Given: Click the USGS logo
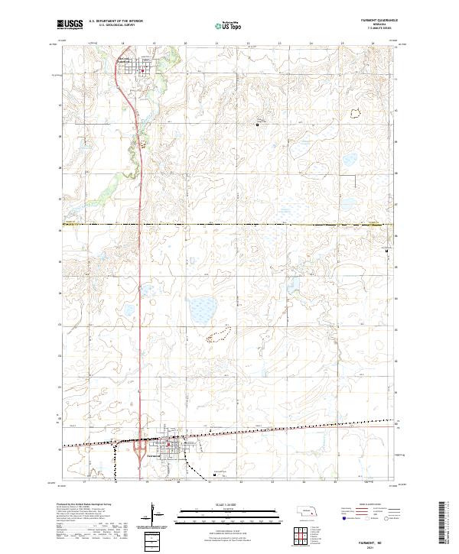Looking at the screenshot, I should click(x=70, y=24).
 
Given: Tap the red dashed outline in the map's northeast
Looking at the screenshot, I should click(x=354, y=114).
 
